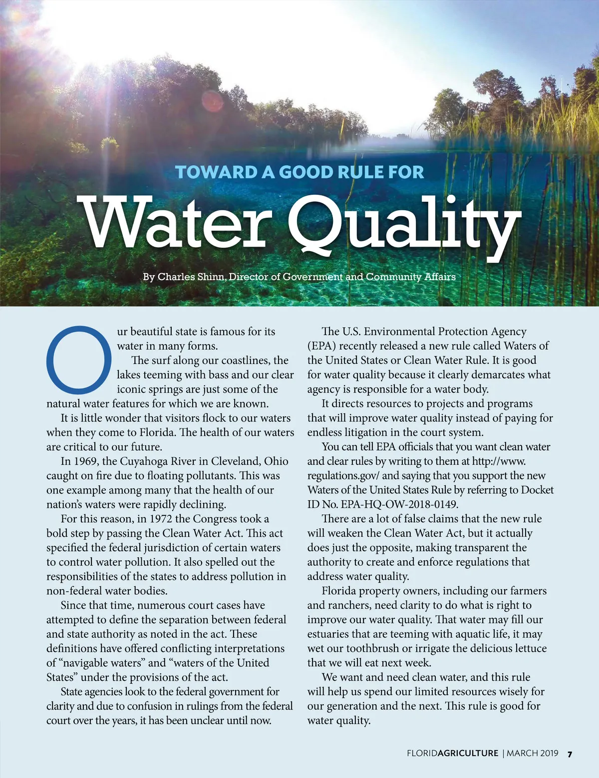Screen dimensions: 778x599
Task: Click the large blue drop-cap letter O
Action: click(x=79, y=360)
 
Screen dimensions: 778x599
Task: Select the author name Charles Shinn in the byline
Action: click(x=191, y=277)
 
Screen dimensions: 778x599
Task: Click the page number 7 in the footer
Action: click(x=570, y=754)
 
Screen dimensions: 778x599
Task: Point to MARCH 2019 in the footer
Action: click(x=533, y=754)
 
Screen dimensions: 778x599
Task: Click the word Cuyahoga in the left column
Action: click(x=143, y=461)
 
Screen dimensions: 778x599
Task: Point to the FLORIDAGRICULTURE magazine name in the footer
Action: click(x=452, y=754)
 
